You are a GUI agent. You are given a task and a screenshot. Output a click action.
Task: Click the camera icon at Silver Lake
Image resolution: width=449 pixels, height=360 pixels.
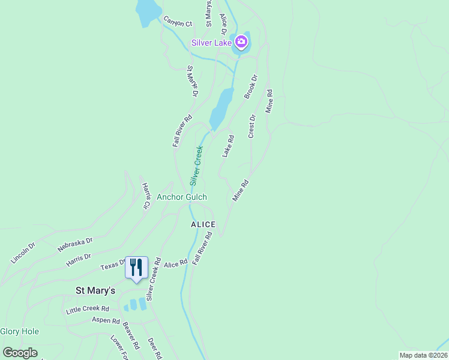[241, 41]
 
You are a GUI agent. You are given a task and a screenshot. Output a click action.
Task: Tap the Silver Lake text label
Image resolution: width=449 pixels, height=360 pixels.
[212, 42]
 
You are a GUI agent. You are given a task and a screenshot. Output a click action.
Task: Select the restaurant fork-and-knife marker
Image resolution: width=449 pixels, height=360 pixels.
[136, 268]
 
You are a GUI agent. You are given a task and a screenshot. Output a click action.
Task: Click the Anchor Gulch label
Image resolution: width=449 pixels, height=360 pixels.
[182, 197]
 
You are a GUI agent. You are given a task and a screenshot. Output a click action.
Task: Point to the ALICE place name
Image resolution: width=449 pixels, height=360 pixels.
[203, 224]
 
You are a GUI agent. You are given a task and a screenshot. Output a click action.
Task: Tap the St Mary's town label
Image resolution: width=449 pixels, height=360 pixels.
[95, 290]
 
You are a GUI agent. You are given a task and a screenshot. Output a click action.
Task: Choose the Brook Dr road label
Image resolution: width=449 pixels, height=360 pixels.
[251, 86]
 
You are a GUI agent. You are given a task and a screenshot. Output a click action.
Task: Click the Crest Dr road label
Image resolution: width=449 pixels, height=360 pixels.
[252, 127]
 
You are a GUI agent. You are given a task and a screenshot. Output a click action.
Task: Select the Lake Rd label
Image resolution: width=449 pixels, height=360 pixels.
[228, 146]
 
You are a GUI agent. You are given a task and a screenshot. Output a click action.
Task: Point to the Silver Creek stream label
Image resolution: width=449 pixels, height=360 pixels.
[196, 166]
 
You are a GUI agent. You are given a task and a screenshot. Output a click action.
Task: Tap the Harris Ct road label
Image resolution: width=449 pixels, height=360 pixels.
[145, 196]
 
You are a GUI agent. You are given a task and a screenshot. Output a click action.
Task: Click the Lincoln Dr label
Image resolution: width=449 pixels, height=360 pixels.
[23, 253]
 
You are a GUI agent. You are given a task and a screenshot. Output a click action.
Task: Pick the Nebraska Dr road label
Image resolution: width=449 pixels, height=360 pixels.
[75, 244]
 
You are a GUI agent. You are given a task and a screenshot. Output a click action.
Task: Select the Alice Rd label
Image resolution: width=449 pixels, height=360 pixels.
[176, 263]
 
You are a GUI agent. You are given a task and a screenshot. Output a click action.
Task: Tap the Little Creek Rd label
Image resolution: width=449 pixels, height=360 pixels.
[88, 309]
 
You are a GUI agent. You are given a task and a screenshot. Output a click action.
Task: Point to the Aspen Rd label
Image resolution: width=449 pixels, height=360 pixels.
[106, 320]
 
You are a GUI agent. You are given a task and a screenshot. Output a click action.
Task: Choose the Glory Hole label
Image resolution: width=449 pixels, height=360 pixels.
[20, 331]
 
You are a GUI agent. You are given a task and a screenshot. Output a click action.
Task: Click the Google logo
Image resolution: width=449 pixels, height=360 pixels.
[20, 353]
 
